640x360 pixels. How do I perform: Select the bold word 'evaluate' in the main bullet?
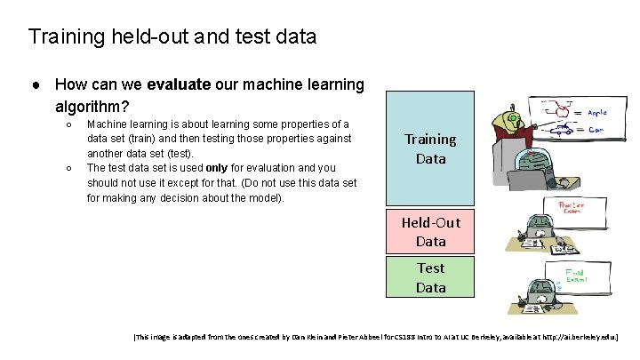click(179, 85)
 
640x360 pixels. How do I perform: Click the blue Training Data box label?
click(430, 149)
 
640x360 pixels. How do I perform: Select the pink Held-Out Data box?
click(430, 231)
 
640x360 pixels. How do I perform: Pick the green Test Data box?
click(430, 277)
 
